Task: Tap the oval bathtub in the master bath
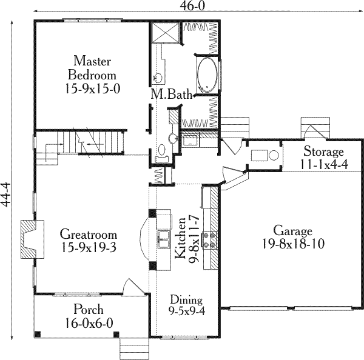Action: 208,74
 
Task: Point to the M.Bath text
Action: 172,94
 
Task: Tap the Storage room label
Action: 324,152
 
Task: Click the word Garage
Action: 292,231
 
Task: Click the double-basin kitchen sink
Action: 164,240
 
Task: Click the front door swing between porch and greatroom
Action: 130,288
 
